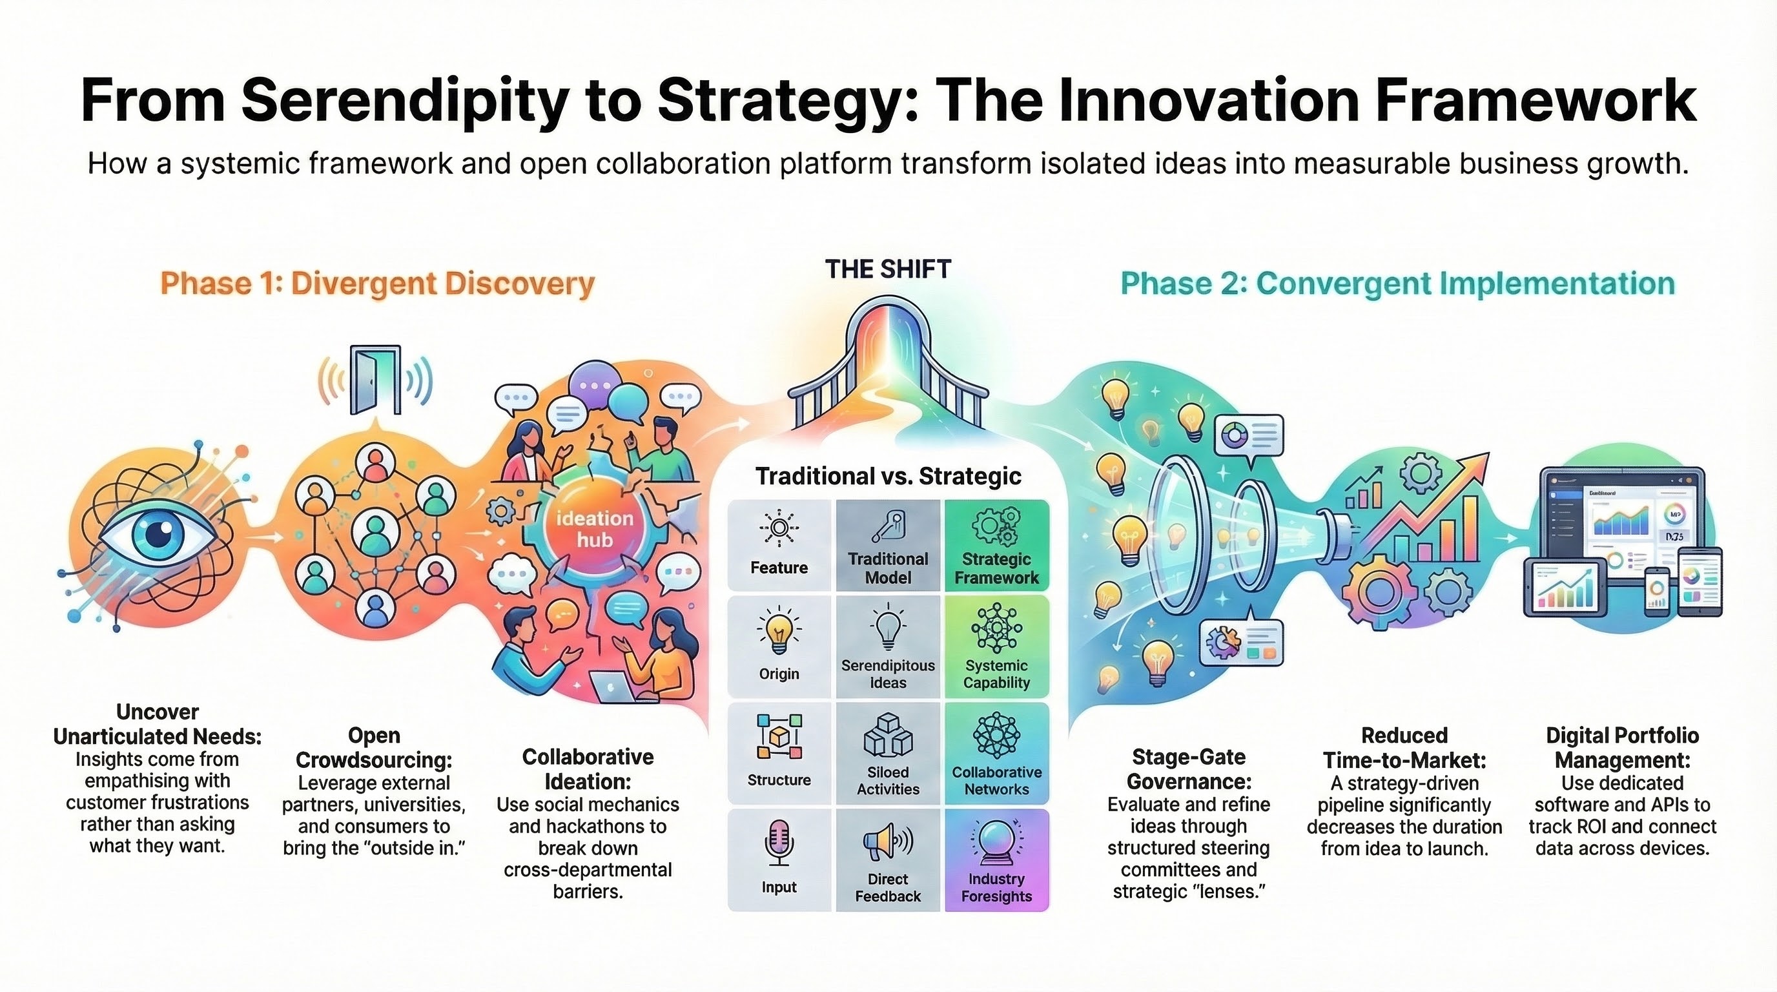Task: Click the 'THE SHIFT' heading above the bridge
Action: [x=888, y=269]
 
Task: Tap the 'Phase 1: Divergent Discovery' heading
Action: [x=377, y=284]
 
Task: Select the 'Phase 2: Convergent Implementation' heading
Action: [x=1397, y=284]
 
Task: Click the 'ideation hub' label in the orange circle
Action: [x=595, y=528]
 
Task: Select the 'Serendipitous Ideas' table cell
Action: [x=888, y=646]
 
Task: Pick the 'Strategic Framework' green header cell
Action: [x=996, y=546]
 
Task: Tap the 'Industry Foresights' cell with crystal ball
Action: [x=996, y=860]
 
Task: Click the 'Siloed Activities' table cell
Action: [x=888, y=753]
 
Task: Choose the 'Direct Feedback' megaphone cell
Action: [x=888, y=860]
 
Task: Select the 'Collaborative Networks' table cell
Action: [x=996, y=753]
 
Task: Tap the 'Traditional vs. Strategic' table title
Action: [x=888, y=476]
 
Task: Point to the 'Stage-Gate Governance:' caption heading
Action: [x=1189, y=769]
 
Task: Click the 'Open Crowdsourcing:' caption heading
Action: [x=374, y=747]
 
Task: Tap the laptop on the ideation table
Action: [x=613, y=687]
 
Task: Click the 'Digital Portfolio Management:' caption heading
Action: [x=1623, y=747]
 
